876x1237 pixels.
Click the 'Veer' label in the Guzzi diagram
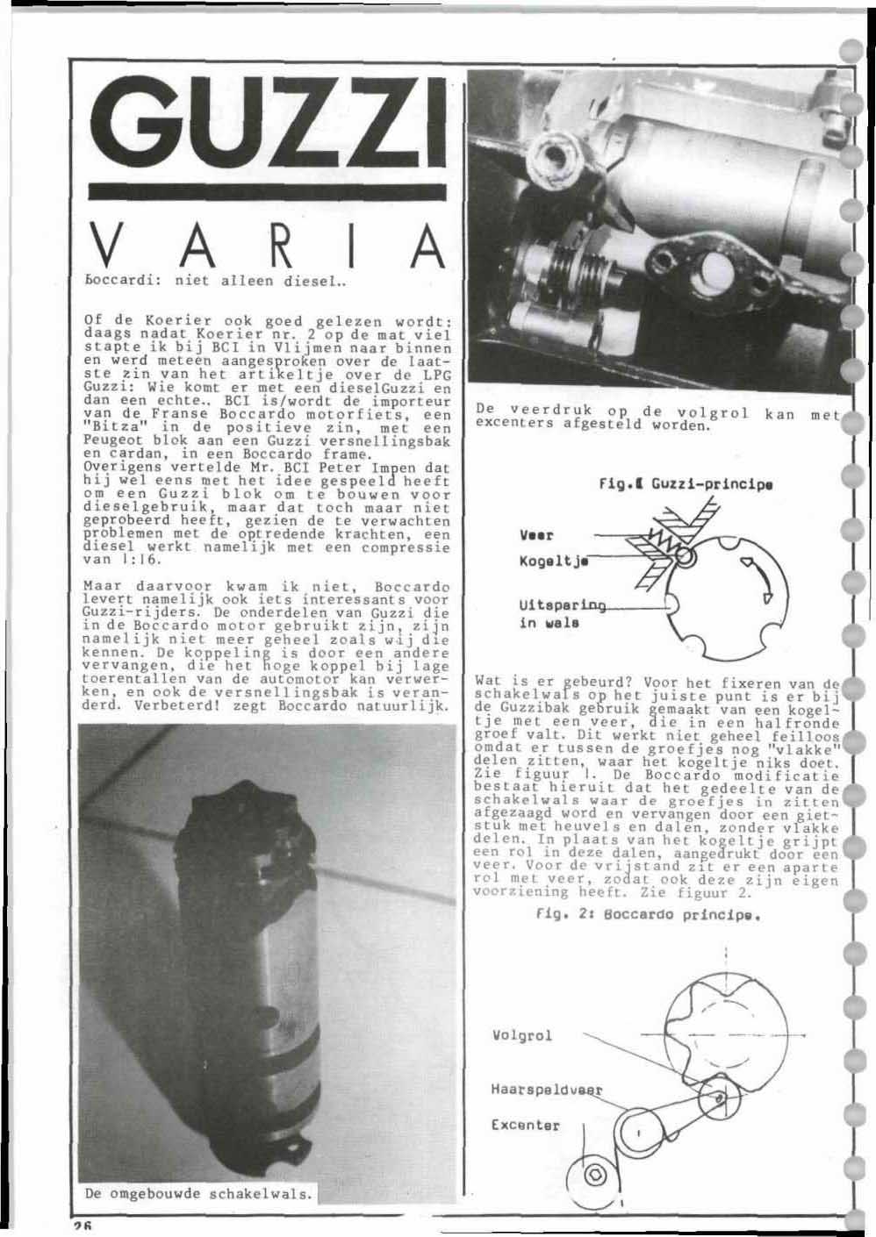535,533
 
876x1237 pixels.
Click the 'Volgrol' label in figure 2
522,1036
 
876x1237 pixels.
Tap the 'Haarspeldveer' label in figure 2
547,1090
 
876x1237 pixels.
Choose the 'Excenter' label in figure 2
525,1124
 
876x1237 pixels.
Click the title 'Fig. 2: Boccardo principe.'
646,913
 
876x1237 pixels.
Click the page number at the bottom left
83,1226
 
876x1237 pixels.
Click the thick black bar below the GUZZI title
271,192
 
